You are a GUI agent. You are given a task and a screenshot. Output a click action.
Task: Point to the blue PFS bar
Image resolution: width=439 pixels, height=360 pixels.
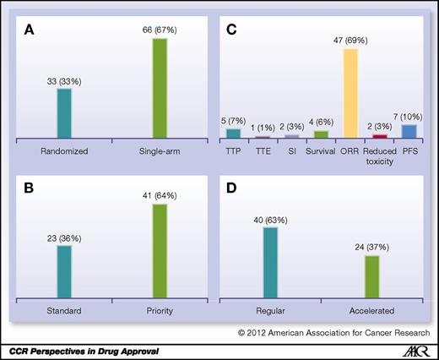(x=409, y=131)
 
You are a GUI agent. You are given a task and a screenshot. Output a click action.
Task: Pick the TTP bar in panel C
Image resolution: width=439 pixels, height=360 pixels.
(x=234, y=133)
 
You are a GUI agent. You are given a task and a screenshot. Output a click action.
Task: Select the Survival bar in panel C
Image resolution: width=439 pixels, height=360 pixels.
(x=321, y=134)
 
